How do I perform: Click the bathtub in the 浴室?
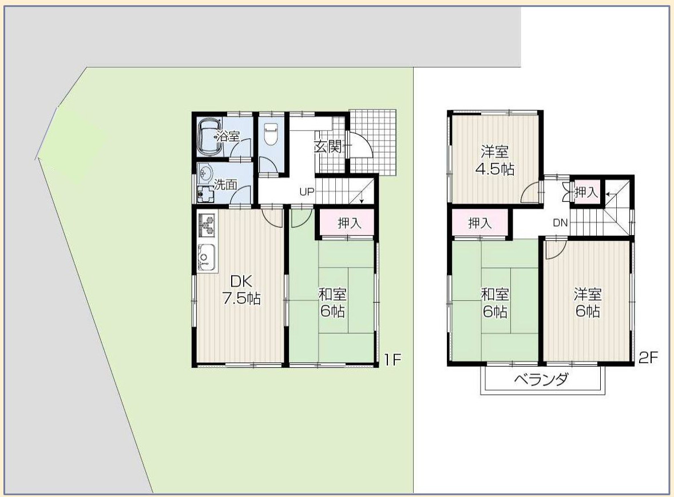[210, 137]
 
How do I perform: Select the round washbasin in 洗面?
[205, 173]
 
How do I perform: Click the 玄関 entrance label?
[328, 147]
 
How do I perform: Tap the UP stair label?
[307, 192]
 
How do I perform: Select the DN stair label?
[561, 222]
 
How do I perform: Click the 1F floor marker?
[392, 359]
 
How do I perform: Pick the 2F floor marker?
[648, 357]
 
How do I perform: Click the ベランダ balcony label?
[542, 379]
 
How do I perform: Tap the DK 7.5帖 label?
[241, 290]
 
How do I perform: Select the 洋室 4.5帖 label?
[495, 160]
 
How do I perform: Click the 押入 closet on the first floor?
[349, 222]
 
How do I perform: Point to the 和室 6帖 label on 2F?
[495, 303]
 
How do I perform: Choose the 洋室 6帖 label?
[588, 303]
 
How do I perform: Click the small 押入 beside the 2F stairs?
[586, 192]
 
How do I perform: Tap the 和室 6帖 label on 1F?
[332, 303]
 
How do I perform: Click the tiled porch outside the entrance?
[372, 142]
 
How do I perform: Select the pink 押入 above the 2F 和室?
[479, 223]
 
